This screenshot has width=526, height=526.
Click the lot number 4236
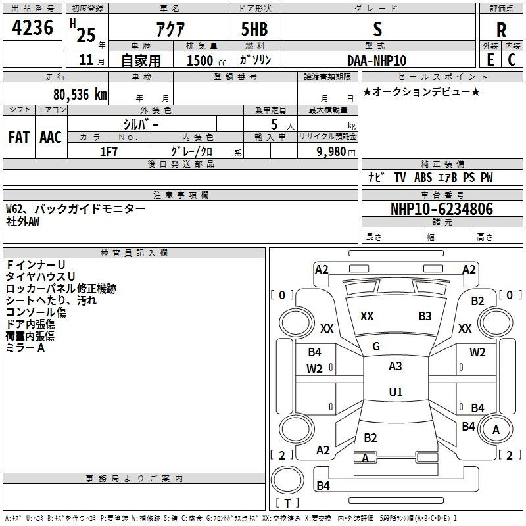[33, 28]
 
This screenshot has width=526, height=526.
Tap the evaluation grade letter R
[501, 30]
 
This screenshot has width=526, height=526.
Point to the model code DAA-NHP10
[377, 60]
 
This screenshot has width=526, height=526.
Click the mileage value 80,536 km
[76, 94]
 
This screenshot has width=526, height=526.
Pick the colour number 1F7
[108, 151]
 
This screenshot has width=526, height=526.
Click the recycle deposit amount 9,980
[327, 151]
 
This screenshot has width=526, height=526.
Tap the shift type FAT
[18, 137]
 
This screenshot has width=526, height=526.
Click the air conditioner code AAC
[51, 137]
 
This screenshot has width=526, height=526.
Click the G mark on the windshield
[376, 347]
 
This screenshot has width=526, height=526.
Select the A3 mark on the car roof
[395, 366]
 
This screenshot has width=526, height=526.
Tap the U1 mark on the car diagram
[395, 392]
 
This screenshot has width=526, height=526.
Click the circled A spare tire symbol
[496, 430]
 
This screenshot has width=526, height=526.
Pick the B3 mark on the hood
[425, 316]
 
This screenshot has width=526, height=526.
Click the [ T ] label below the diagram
[287, 503]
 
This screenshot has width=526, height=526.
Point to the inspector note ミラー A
[25, 348]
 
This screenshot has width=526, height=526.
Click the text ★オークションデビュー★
[421, 91]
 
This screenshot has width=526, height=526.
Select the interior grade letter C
[512, 60]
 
